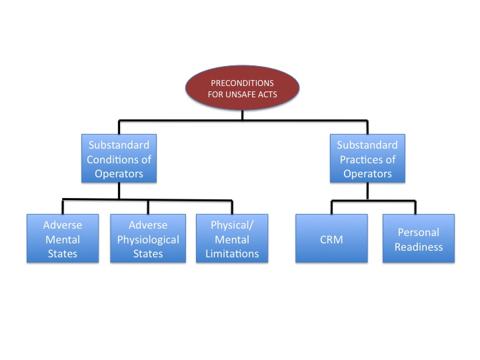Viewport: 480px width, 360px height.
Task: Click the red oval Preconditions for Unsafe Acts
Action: click(x=242, y=88)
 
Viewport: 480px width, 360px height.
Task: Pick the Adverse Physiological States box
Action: click(x=144, y=239)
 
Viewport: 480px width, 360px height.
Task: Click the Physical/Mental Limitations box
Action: click(x=230, y=239)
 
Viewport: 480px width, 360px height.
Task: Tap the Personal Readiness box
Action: click(x=418, y=239)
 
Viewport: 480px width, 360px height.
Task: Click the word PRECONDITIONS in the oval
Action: click(x=243, y=83)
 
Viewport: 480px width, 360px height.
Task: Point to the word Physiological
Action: click(x=144, y=239)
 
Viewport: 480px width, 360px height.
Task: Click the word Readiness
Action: click(x=418, y=246)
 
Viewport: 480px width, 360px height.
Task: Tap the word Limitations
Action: click(x=230, y=254)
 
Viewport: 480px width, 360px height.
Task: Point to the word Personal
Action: click(x=418, y=232)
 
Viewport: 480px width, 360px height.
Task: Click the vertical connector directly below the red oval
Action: click(x=243, y=115)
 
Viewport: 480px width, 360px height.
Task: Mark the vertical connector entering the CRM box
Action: click(x=331, y=207)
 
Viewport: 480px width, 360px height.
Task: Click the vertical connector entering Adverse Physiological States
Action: click(x=149, y=207)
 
